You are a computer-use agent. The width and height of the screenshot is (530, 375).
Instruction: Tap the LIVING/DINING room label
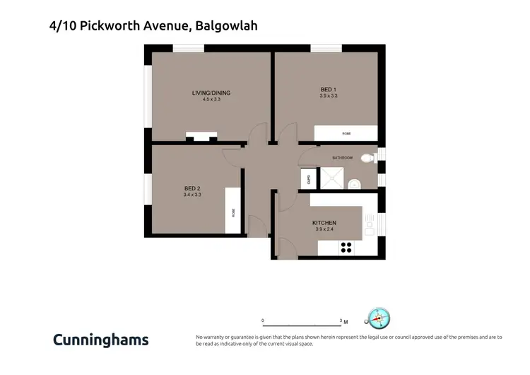[211, 93]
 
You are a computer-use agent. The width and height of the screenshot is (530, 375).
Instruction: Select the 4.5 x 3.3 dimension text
[211, 100]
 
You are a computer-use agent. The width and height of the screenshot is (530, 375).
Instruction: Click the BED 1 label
[329, 89]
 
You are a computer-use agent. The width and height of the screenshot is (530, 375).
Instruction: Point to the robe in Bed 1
[346, 133]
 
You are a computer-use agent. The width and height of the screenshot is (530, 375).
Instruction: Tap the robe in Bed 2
[234, 210]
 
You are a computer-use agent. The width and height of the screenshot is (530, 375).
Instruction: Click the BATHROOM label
[342, 158]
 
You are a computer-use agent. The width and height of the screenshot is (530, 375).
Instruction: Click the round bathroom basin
[355, 184]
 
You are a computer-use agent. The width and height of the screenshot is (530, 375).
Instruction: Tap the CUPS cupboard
[309, 179]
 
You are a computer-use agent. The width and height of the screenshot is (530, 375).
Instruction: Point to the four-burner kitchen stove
[347, 248]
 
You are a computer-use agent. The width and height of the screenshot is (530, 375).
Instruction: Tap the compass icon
[379, 319]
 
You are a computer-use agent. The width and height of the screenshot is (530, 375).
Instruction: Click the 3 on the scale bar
[341, 321]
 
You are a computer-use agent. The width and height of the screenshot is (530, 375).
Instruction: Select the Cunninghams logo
[100, 340]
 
